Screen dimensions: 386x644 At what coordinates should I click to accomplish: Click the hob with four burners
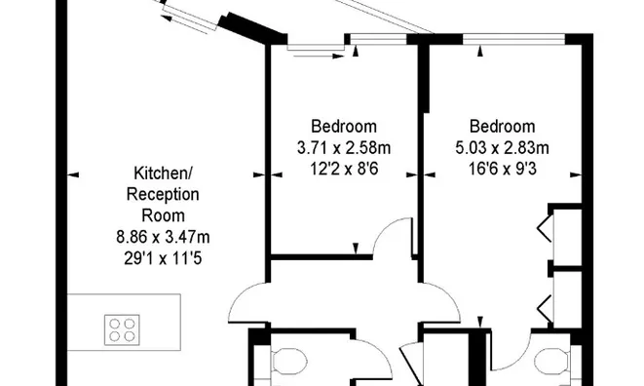[123, 328]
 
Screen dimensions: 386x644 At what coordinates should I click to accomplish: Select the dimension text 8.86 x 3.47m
[163, 236]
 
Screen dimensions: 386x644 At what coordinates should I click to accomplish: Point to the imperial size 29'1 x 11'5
[163, 257]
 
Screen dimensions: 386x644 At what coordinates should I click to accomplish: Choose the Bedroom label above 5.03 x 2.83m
[502, 127]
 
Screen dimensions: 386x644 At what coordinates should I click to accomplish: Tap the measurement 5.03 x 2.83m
[503, 148]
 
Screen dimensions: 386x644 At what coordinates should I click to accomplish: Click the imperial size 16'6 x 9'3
[503, 169]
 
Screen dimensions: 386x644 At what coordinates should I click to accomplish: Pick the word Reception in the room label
[163, 194]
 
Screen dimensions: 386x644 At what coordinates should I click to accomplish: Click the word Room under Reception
[163, 215]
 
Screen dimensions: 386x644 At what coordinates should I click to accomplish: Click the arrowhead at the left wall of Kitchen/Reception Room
[73, 175]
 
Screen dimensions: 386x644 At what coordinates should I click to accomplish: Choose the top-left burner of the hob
[115, 322]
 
